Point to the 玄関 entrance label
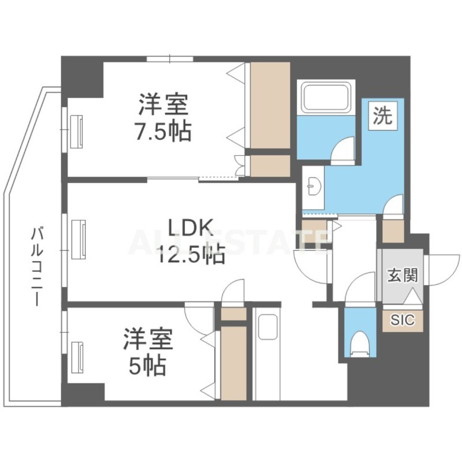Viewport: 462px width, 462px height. tap(402, 275)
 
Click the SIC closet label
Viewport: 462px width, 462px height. tap(402, 320)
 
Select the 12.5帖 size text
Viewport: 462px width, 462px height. tap(191, 254)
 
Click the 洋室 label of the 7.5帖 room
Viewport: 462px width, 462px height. tap(163, 106)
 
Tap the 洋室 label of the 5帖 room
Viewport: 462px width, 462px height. tap(147, 340)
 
